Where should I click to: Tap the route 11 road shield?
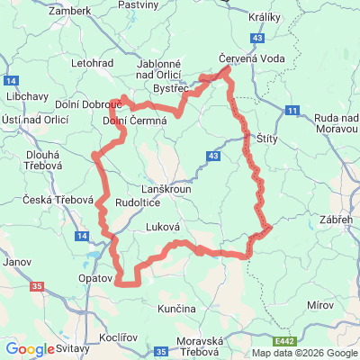click(292, 110)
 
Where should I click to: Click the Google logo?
click(30, 349)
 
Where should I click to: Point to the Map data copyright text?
click(303, 353)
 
